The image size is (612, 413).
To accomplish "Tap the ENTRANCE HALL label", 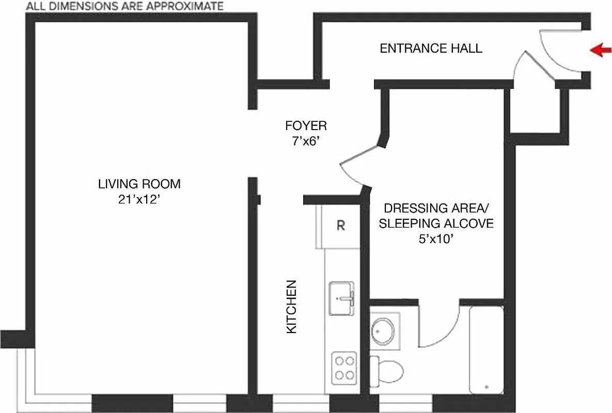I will pyautogui.click(x=431, y=49).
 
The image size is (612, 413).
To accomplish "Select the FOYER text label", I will pyautogui.click(x=306, y=125).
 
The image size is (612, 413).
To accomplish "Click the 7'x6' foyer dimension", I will pyautogui.click(x=306, y=141).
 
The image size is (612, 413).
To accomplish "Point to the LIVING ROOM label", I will pyautogui.click(x=139, y=184).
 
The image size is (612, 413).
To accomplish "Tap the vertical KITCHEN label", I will pyautogui.click(x=292, y=306).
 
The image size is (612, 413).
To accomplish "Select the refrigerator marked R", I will pyautogui.click(x=340, y=226).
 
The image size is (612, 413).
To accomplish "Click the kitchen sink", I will pyautogui.click(x=341, y=297).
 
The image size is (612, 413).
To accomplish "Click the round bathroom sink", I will pyautogui.click(x=383, y=331).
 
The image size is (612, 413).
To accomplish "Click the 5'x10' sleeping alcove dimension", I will pyautogui.click(x=436, y=239).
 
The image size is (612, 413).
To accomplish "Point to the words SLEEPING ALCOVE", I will pyautogui.click(x=436, y=224).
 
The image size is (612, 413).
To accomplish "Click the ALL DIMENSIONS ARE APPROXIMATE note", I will pyautogui.click(x=124, y=6).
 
